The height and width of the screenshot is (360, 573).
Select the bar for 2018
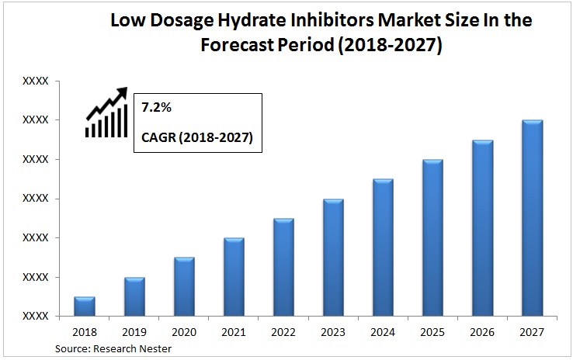click(x=85, y=306)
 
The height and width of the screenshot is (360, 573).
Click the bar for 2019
click(x=134, y=296)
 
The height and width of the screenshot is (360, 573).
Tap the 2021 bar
click(x=234, y=277)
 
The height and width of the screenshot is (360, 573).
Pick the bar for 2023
click(x=333, y=258)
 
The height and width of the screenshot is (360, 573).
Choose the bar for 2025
click(x=432, y=237)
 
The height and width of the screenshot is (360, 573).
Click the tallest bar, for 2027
click(x=532, y=218)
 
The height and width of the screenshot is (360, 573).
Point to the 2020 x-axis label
click(x=184, y=332)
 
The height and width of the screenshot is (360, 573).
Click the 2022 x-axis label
click(x=283, y=332)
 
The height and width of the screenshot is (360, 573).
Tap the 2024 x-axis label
click(x=383, y=332)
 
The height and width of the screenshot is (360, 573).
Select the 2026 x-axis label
click(x=482, y=332)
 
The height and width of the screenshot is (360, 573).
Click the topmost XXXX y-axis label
click(x=36, y=81)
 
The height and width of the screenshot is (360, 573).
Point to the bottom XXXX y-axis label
click(x=36, y=316)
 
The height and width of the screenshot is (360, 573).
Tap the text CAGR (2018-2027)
click(x=197, y=138)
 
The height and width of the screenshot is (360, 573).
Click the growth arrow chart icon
click(x=106, y=114)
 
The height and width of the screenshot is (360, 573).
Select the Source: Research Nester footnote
click(x=113, y=349)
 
